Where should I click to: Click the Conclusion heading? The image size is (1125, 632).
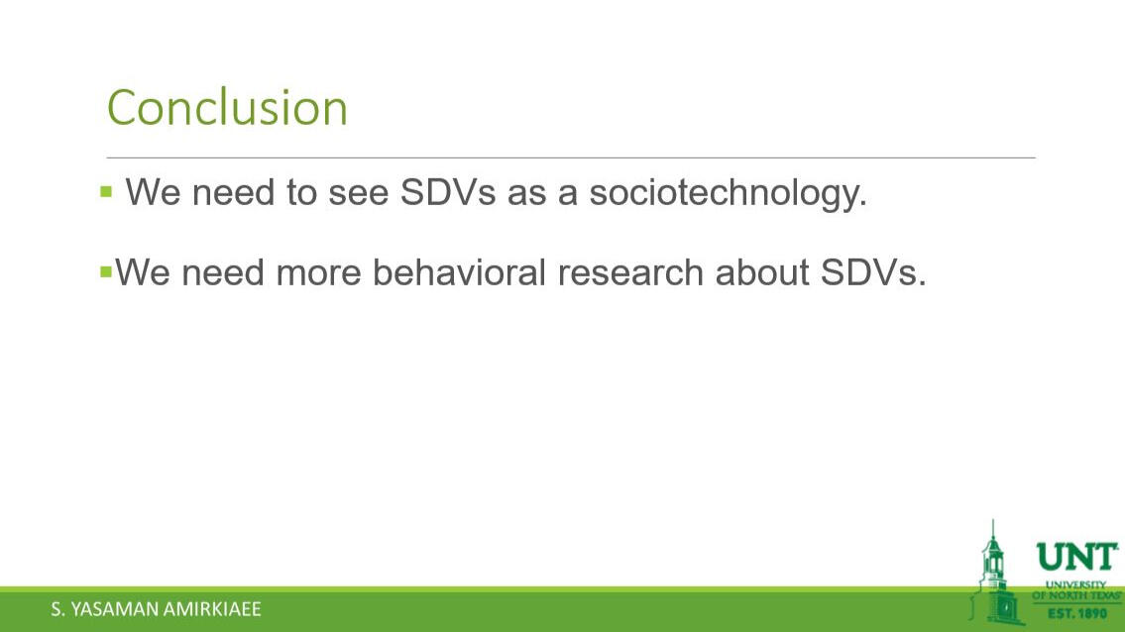tap(227, 108)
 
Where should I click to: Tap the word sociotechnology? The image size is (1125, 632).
tap(729, 193)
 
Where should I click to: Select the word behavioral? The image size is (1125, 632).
tap(459, 272)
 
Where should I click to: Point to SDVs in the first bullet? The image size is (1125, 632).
tap(448, 192)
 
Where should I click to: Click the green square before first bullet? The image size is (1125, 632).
tap(106, 191)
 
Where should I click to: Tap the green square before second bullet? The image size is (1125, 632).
tap(106, 271)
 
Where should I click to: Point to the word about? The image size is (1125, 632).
tap(762, 272)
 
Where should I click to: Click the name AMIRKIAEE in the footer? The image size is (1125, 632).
tap(212, 609)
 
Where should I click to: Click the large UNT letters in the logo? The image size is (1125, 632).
tap(1077, 558)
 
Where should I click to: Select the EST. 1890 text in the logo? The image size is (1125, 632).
tap(1077, 613)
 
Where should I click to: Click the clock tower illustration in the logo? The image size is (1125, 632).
tap(994, 574)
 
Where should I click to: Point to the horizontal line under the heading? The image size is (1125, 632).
tap(571, 158)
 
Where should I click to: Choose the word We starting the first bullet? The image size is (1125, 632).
tap(153, 192)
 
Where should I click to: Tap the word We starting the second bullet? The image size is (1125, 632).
tap(142, 272)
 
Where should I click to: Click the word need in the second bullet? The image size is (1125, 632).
tap(223, 272)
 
